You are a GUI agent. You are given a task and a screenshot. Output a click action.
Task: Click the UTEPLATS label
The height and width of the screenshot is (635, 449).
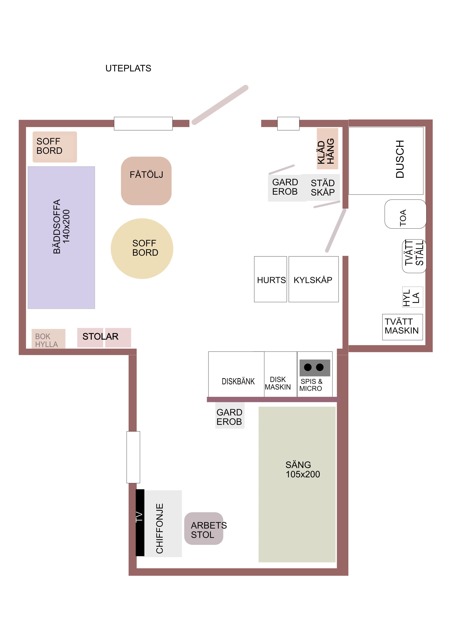tap(128, 68)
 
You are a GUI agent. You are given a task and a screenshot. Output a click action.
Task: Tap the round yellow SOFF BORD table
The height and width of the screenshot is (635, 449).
tap(142, 248)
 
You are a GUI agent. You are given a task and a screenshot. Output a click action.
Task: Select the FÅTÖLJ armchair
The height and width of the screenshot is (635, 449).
tap(146, 181)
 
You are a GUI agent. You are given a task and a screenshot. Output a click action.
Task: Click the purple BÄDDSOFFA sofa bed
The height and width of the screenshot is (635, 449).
tap(61, 237)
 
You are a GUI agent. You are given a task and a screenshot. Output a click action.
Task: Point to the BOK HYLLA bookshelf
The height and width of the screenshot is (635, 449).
tap(48, 338)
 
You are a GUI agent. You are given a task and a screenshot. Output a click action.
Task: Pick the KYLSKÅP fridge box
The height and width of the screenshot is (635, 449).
tap(313, 279)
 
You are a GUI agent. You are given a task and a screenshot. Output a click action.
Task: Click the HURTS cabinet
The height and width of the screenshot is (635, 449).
tap(270, 279)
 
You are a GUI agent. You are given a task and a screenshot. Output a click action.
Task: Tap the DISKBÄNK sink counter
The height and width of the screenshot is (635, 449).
tap(236, 374)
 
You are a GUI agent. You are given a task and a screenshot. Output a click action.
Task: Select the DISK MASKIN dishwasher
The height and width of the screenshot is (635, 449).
tap(281, 374)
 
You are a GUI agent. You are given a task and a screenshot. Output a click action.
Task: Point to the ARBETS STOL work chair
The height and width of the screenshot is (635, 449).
tap(204, 529)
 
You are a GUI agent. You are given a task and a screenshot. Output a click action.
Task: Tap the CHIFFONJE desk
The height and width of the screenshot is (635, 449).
tap(163, 523)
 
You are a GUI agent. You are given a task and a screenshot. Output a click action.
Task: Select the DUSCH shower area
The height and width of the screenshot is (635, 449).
tap(386, 161)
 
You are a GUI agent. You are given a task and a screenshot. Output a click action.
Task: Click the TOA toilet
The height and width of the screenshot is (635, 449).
tap(405, 214)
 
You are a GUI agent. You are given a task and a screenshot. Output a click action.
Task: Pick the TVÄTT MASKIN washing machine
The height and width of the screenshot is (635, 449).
tap(402, 327)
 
